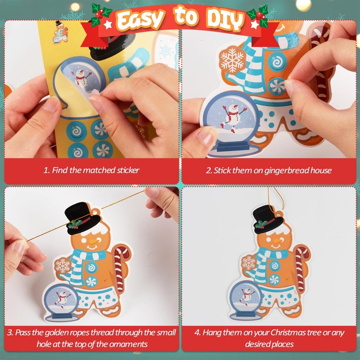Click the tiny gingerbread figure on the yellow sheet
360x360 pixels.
pos(61,32)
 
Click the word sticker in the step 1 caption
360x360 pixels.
pos(128,170)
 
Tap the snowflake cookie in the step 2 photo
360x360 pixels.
pos(232,60)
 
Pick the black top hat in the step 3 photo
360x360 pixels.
pos(83,218)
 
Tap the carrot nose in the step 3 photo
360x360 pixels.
pos(94,241)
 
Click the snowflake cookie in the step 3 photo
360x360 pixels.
pos(63,265)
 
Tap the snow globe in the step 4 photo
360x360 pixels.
pos(246,300)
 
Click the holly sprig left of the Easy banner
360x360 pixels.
pos(99,14)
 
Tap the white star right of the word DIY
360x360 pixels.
pos(255,25)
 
